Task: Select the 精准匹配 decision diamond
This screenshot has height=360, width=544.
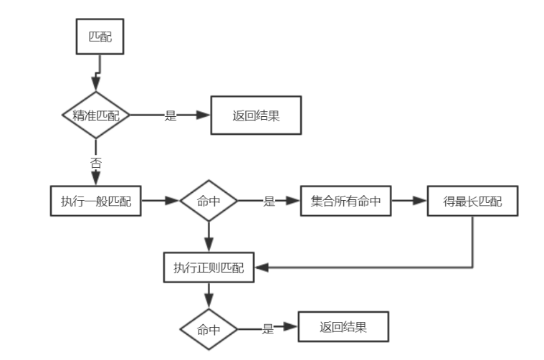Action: (96, 115)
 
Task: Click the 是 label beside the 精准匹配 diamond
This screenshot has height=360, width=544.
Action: (171, 116)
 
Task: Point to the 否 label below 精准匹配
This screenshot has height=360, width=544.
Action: (96, 162)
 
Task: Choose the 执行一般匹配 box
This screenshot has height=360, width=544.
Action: (96, 202)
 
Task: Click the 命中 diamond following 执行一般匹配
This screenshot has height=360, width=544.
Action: (209, 202)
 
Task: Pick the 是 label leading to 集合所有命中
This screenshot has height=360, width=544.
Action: (269, 202)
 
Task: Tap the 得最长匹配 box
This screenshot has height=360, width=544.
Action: (472, 202)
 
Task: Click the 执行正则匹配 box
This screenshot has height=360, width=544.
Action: (209, 267)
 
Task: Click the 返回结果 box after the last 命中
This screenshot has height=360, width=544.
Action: (343, 328)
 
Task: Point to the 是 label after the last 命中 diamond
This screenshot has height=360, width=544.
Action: (268, 329)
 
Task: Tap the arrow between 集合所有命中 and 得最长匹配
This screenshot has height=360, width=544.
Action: (409, 202)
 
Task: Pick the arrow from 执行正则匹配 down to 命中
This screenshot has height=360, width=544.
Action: (209, 293)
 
